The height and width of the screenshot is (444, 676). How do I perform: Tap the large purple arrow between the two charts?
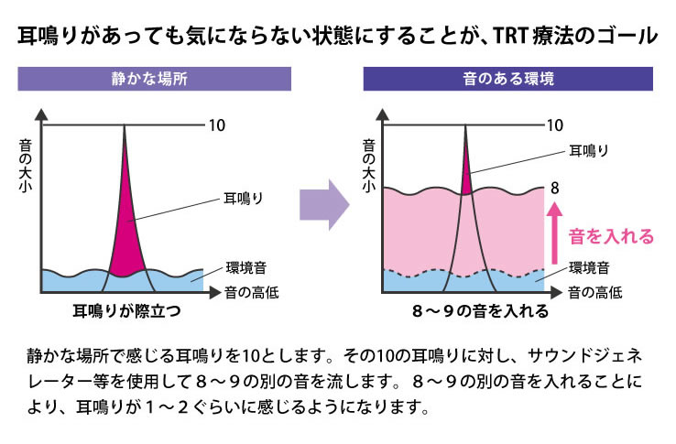tap(325, 199)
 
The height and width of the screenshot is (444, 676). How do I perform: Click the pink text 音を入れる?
tap(611, 237)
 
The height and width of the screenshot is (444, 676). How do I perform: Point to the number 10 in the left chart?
tap(217, 125)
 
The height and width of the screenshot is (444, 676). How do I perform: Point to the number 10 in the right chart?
tap(555, 125)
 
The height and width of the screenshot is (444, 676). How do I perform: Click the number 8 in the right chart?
tap(554, 188)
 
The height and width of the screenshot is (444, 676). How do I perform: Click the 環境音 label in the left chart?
tap(245, 268)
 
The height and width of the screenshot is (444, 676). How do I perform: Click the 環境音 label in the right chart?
tap(590, 268)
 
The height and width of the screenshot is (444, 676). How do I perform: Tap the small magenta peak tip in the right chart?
tap(466, 177)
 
